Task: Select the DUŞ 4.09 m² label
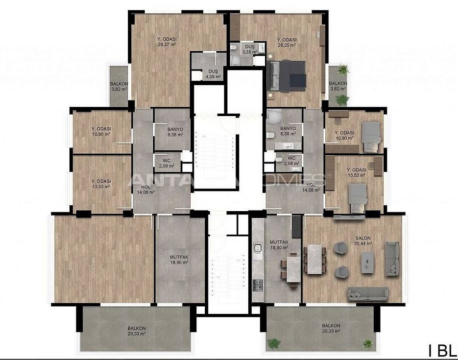[x=213, y=76]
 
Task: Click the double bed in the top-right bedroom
[x=287, y=76]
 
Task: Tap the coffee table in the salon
[x=367, y=264]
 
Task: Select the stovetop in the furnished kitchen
[x=257, y=285]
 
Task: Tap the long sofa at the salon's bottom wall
[x=367, y=293]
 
